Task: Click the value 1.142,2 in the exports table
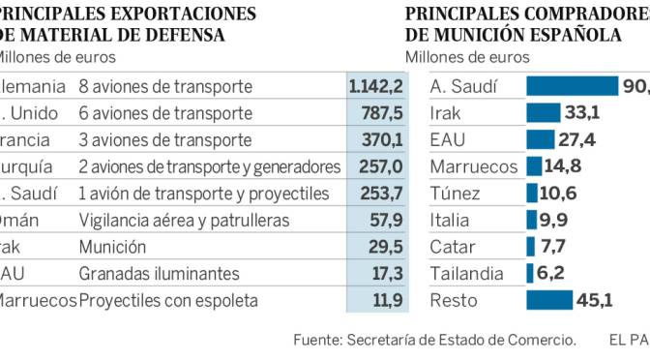(372, 86)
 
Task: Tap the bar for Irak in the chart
(542, 112)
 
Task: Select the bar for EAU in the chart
(540, 139)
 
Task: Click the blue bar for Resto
(548, 300)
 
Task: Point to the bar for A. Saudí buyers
(571, 86)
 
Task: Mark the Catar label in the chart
(451, 247)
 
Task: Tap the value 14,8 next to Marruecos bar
(562, 166)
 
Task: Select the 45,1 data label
(595, 300)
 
